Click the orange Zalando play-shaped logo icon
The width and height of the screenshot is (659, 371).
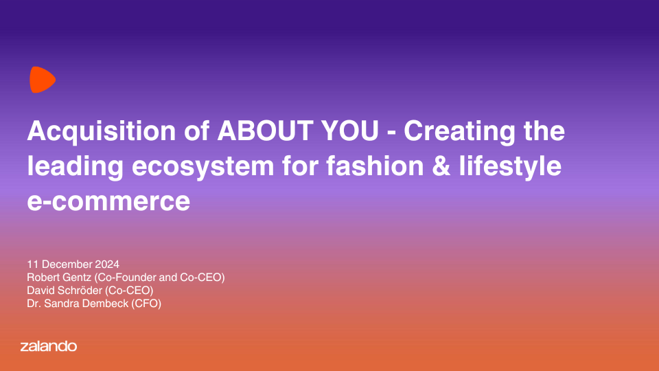[x=43, y=80]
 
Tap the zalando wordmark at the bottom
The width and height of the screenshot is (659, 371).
[x=49, y=346]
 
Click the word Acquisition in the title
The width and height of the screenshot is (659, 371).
[x=102, y=131]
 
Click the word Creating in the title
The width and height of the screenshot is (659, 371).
[x=459, y=131]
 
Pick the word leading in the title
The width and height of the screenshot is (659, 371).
[x=76, y=166]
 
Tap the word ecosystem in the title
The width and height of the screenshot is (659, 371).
[x=203, y=167]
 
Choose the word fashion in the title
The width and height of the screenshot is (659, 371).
[x=375, y=166]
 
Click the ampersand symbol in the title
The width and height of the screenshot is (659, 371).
[x=441, y=166]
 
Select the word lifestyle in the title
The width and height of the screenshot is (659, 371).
[x=510, y=166]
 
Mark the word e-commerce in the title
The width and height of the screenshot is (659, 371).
[x=108, y=201]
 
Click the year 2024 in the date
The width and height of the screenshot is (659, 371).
[x=107, y=264]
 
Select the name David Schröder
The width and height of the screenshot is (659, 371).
[x=65, y=290]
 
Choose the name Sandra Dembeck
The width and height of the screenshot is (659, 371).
[x=86, y=303]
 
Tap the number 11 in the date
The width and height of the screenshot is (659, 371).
[x=33, y=264]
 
